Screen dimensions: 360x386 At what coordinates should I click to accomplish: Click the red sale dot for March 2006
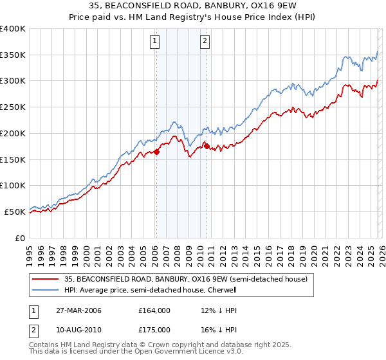[x=156, y=152]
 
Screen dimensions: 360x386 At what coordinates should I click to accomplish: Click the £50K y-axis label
[x=15, y=212]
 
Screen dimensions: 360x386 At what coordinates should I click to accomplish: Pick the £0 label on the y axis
[x=20, y=238]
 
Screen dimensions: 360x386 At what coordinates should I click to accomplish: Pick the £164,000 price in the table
[x=154, y=310]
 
